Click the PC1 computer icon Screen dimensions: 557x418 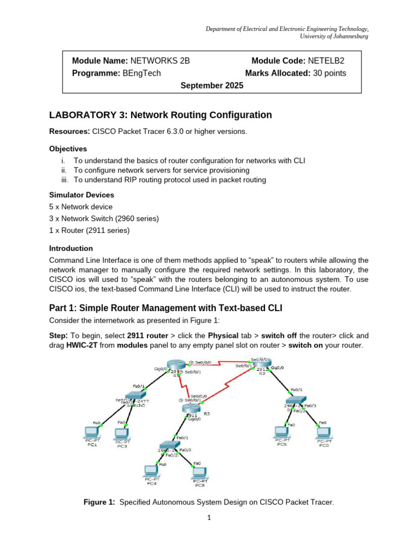pyautogui.click(x=92, y=432)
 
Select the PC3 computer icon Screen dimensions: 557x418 pyautogui.click(x=121, y=434)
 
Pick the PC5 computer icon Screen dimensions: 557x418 pyautogui.click(x=199, y=472)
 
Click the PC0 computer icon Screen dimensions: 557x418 pyautogui.click(x=324, y=432)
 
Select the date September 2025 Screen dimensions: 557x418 pyautogui.click(x=212, y=85)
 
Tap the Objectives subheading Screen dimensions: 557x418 pyautogui.click(x=68, y=148)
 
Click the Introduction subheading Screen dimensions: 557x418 pyautogui.click(x=71, y=248)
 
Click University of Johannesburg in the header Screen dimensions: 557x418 pyautogui.click(x=334, y=36)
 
